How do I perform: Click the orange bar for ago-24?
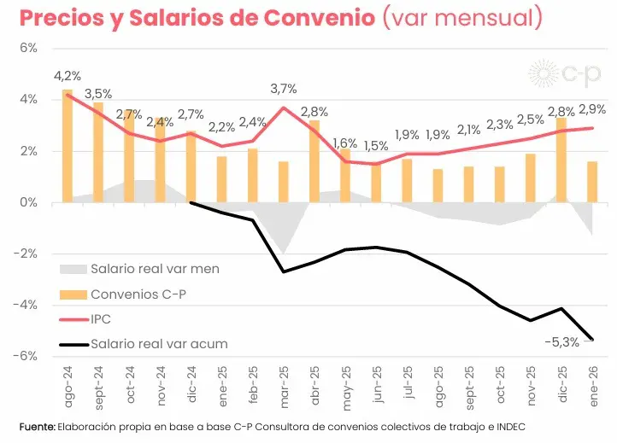point(68,146)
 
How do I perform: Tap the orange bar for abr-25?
point(314,161)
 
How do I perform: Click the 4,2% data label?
point(68,76)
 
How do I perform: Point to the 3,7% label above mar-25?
point(283,88)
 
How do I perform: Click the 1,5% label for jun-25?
point(375,146)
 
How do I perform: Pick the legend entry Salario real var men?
point(155,269)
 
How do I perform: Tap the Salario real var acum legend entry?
point(158,345)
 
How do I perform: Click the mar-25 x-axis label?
point(283,388)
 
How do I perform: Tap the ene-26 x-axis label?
point(592,388)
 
